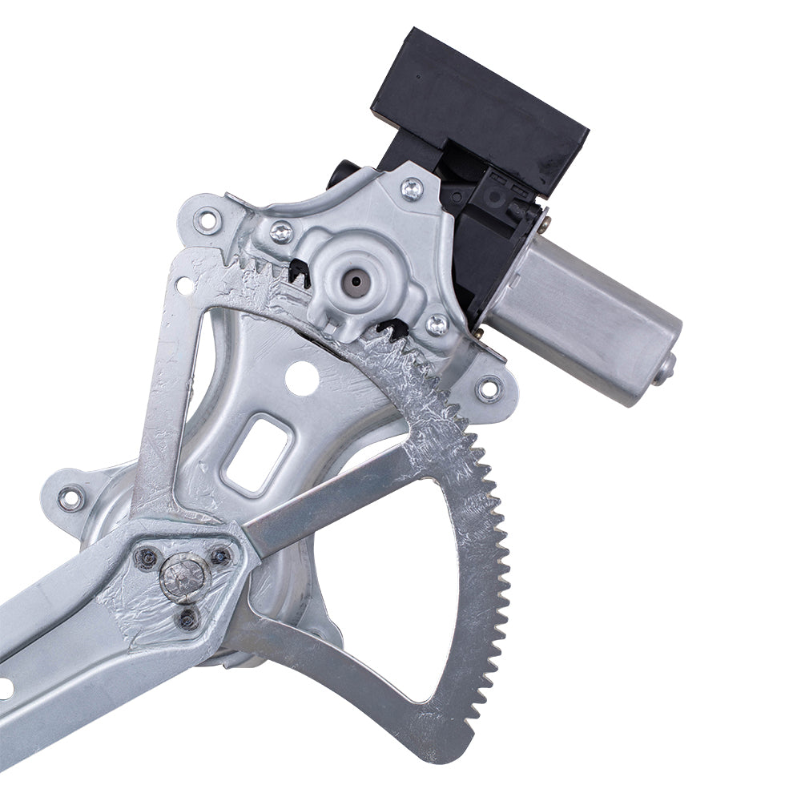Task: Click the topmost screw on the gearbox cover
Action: pos(412,189)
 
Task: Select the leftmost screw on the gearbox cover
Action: pos(281,231)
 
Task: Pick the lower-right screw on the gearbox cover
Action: pos(437,324)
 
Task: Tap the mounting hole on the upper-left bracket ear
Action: pos(207,220)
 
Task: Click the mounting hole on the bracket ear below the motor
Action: pos(488,389)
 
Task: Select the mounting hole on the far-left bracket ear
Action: pos(70,498)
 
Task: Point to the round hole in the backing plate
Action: pos(302,377)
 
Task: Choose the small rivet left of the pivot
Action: pos(147,558)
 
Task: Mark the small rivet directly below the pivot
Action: pos(187,618)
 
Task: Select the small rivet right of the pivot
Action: pos(220,555)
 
